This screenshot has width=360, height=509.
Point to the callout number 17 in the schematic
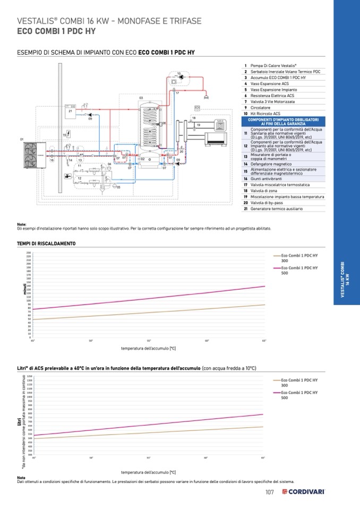click(177, 93)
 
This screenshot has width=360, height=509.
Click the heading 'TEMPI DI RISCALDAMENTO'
click(46, 243)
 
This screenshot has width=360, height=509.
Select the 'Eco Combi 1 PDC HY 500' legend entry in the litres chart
click(299, 394)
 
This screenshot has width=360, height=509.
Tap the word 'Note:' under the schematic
click(22, 224)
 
